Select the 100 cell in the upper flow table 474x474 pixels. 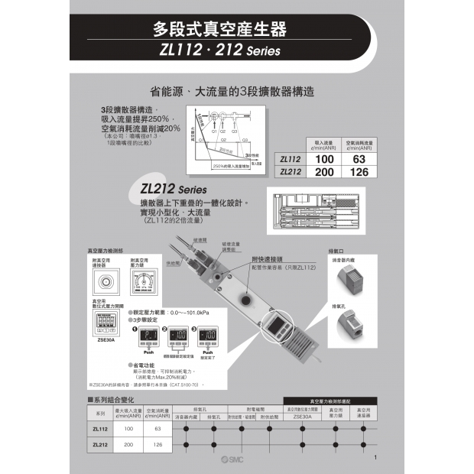click(326, 158)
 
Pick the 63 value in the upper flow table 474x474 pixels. click(359, 158)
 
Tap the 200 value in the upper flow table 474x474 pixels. click(326, 172)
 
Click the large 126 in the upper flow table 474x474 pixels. click(359, 172)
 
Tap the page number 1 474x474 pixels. click(376, 457)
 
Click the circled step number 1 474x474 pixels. click(135, 329)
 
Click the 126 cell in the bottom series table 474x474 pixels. click(158, 445)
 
